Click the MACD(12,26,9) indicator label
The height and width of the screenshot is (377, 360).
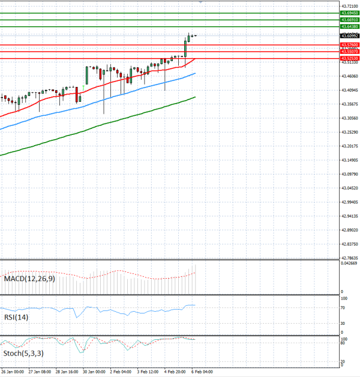[x=29, y=279]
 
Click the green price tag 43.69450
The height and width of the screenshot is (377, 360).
[x=349, y=13]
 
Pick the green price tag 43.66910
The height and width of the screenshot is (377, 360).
[x=349, y=20]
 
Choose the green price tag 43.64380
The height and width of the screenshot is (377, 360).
[x=349, y=27]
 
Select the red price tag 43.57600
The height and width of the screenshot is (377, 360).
[x=349, y=45]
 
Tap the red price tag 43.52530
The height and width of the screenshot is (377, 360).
[x=349, y=58]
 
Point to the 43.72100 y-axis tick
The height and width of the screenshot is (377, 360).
[x=349, y=5]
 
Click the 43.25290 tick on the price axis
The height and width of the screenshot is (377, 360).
[x=349, y=132]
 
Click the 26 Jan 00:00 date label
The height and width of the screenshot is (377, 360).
[x=12, y=372]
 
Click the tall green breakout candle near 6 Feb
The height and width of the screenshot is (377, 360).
[x=185, y=49]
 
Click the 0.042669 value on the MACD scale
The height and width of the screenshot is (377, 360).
[x=349, y=264]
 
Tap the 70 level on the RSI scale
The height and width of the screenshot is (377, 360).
[x=343, y=307]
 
